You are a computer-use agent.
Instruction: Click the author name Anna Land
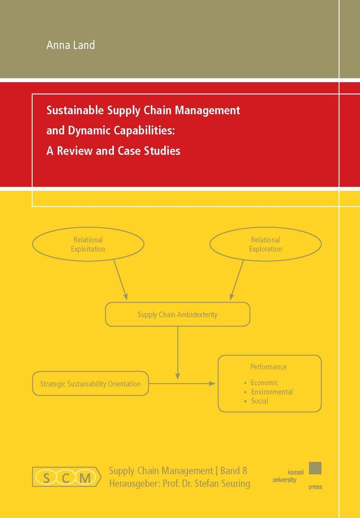[71, 45]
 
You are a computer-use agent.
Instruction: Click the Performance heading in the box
[268, 367]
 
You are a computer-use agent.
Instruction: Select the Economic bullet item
[264, 383]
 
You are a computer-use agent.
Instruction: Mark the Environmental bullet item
[272, 392]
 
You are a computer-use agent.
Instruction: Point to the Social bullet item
[259, 401]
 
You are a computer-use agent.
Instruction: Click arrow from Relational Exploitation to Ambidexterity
[120, 280]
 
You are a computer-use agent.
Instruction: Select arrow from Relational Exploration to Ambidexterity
[237, 280]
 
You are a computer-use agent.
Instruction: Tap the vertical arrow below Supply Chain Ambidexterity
[178, 353]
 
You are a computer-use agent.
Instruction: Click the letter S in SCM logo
[46, 478]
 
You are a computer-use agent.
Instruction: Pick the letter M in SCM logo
[85, 478]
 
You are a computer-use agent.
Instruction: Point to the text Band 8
[234, 471]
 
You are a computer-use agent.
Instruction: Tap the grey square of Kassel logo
[315, 468]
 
